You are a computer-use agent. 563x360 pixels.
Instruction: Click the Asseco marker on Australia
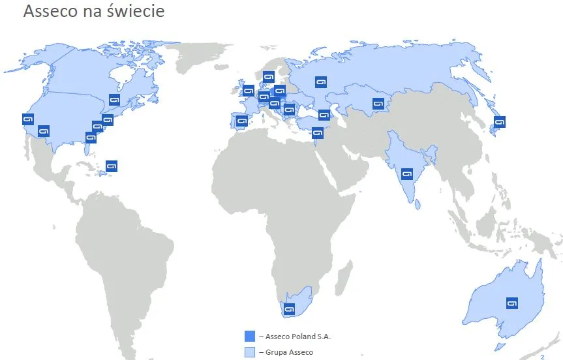tap(512, 303)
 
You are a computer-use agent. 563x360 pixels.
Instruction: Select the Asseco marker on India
tap(408, 174)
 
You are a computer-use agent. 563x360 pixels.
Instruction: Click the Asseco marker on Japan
tap(500, 121)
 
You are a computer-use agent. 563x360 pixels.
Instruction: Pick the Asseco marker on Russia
tap(320, 82)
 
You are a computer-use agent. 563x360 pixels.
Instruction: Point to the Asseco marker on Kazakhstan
tap(378, 103)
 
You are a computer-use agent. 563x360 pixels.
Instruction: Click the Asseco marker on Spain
tap(242, 121)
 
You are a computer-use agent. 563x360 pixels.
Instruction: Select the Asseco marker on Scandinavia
tap(268, 76)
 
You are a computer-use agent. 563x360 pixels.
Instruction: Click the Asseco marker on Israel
tap(318, 133)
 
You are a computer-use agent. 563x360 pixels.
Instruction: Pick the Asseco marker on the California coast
tap(27, 119)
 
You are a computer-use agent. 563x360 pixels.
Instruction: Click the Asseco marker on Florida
tap(91, 138)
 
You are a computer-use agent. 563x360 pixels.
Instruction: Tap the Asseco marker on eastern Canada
tap(114, 100)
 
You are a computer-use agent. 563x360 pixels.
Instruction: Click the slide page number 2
tap(542, 357)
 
